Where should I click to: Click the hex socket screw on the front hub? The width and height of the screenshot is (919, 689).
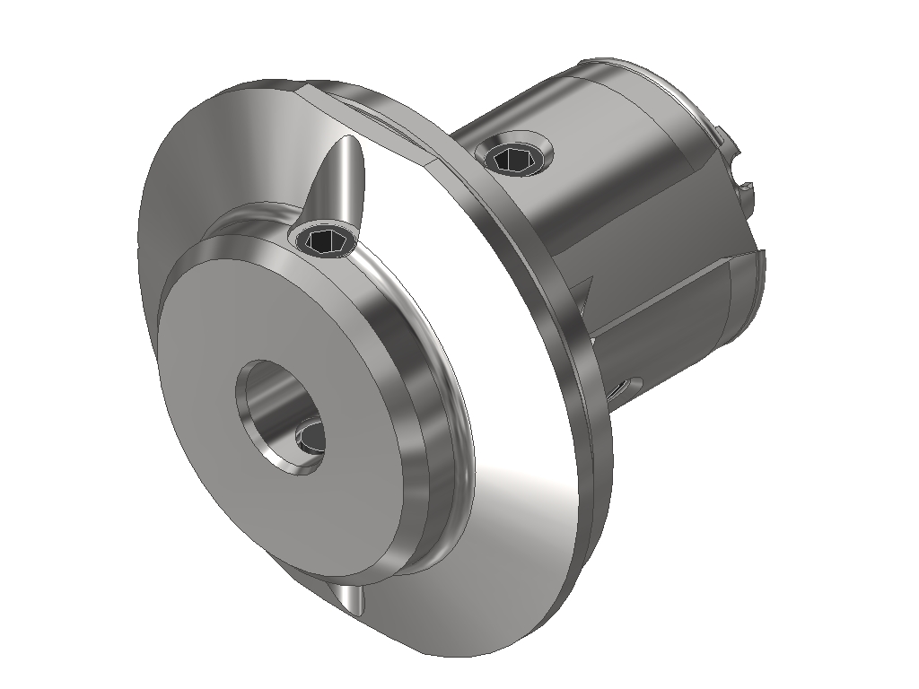(324, 240)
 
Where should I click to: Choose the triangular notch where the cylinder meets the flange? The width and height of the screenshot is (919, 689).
(584, 292)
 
